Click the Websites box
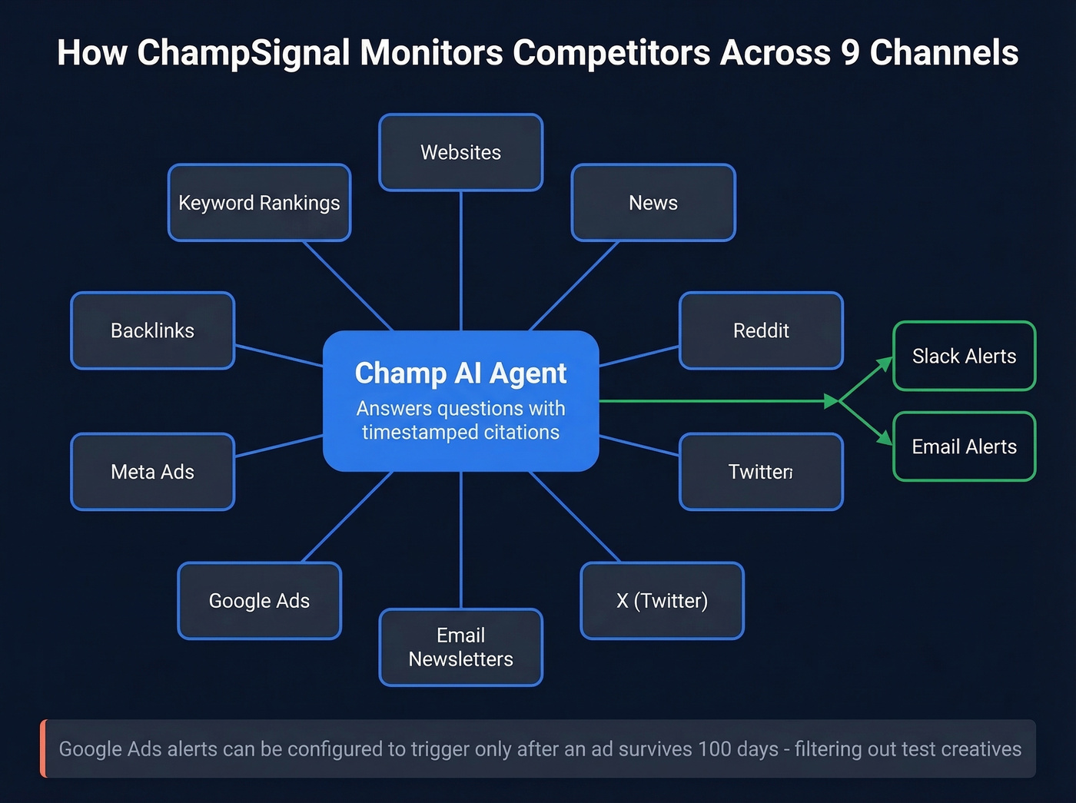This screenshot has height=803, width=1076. (460, 152)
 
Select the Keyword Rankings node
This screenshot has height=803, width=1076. (259, 203)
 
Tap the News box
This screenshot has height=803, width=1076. (653, 203)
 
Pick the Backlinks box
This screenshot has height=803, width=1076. (152, 330)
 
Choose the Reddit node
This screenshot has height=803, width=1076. (761, 330)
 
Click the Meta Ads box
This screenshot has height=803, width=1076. (152, 472)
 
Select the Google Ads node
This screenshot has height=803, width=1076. (259, 601)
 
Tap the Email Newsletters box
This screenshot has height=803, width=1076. (460, 647)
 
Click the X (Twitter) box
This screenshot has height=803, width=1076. (662, 601)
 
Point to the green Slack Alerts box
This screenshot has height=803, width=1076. (964, 356)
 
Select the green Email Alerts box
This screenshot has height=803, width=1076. (964, 446)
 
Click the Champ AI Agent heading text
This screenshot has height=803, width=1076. (460, 373)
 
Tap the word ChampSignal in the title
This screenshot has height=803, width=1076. (244, 53)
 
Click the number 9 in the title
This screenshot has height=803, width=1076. (849, 53)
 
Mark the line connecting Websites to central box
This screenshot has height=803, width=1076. (460, 261)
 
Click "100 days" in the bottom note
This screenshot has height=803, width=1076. (738, 749)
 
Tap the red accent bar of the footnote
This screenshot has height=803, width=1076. (44, 748)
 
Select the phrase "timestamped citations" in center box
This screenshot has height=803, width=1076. (460, 433)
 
